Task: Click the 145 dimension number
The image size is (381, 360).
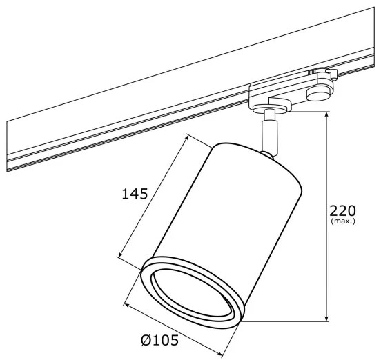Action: tap(135, 194)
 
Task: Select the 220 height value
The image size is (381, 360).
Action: tap(342, 210)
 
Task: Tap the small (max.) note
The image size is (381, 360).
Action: tap(342, 221)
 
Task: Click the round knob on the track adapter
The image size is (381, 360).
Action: tap(318, 92)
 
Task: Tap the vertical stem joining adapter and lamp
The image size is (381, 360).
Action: tap(268, 134)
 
